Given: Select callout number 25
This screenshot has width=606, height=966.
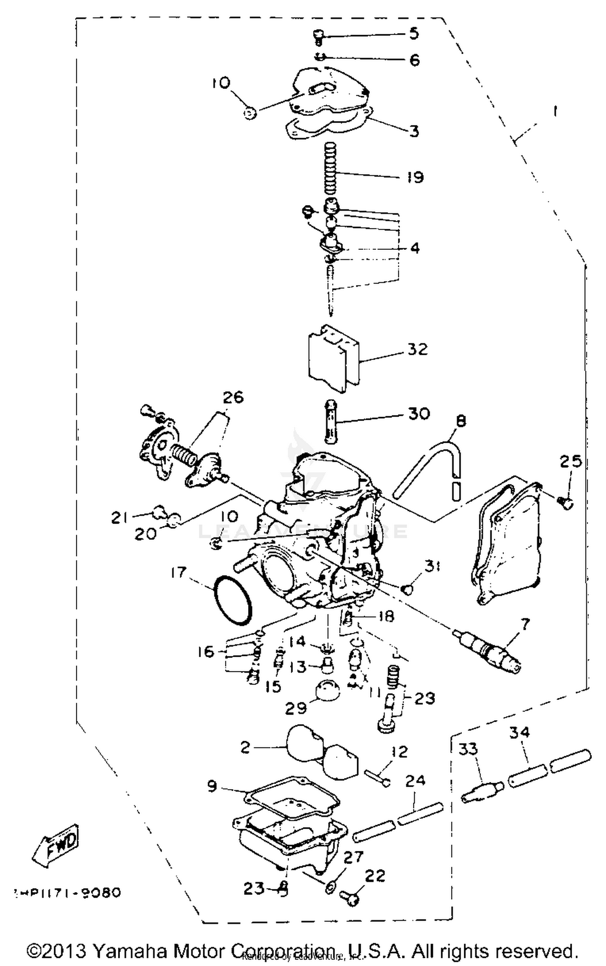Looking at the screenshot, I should [570, 462].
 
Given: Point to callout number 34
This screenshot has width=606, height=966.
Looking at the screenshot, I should [519, 732].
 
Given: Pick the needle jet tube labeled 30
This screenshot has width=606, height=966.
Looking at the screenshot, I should [330, 422].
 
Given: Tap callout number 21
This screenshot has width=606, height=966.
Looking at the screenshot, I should [119, 518].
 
